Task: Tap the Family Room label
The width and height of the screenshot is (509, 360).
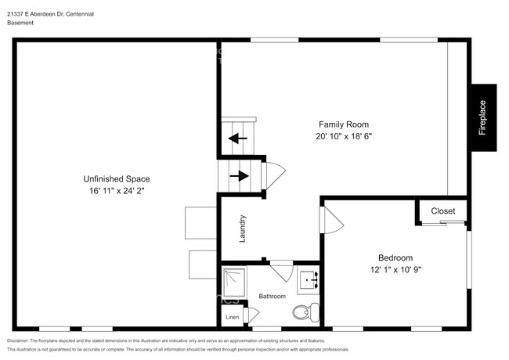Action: [x=343, y=124]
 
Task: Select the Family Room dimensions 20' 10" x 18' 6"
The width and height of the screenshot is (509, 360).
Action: [x=343, y=136]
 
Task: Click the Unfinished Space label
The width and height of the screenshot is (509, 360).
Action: [x=117, y=178]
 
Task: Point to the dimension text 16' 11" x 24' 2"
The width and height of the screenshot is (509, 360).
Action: [x=117, y=190]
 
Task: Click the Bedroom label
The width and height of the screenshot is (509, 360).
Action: [x=395, y=257]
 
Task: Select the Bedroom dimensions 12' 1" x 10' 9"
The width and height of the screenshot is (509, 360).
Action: [x=395, y=269]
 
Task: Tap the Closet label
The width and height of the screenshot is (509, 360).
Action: [x=442, y=211]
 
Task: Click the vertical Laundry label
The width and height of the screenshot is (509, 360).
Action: [x=244, y=228]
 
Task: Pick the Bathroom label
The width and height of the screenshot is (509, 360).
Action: [x=273, y=297]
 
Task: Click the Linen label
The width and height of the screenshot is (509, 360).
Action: [x=232, y=317]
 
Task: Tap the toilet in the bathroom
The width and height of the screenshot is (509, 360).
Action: [x=303, y=313]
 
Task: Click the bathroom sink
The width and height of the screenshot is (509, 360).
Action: [x=307, y=279]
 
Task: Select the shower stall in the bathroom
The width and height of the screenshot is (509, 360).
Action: [x=233, y=279]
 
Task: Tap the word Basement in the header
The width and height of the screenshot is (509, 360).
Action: [x=20, y=23]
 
